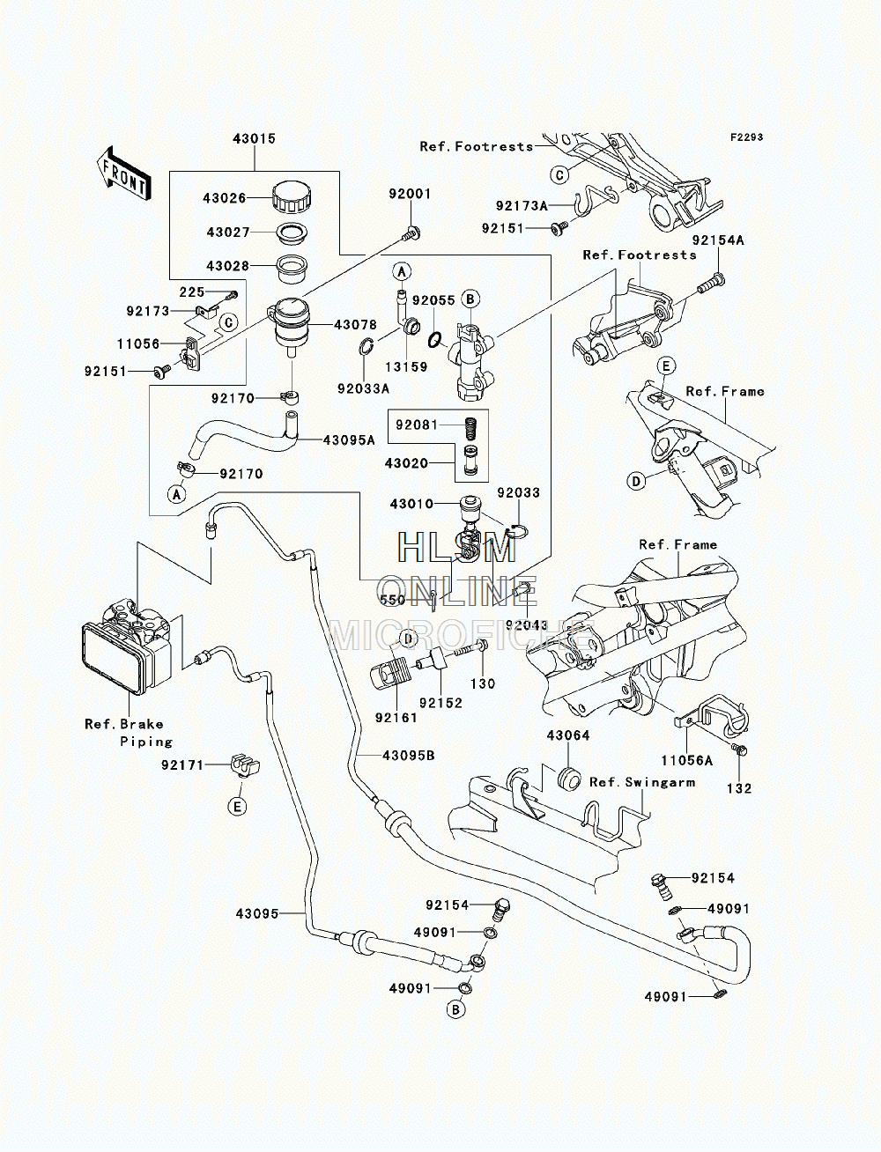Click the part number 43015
click(x=254, y=138)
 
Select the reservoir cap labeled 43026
click(x=292, y=197)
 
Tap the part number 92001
click(x=410, y=194)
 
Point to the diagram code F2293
click(x=746, y=137)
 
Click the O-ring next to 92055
click(x=434, y=341)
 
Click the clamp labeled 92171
click(x=246, y=765)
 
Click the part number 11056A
click(x=686, y=760)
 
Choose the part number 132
click(x=739, y=788)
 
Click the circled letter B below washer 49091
click(x=455, y=1009)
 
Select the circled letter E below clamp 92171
click(x=237, y=806)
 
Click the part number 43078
click(x=355, y=325)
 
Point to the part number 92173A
click(x=522, y=206)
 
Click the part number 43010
click(x=411, y=504)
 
